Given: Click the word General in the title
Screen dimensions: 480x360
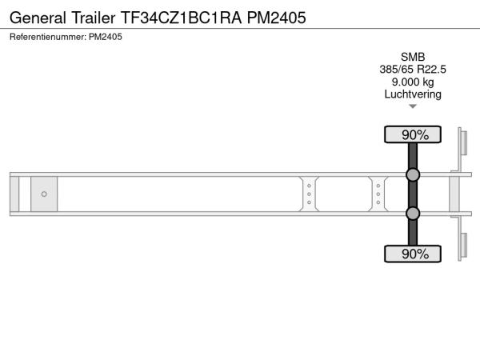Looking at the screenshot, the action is [x=38, y=18].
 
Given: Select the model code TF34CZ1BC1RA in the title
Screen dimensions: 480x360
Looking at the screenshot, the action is [x=182, y=18].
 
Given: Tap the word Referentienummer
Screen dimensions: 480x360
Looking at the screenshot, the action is [x=48, y=37].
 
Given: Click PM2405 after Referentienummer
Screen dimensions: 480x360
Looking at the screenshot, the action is [x=106, y=37].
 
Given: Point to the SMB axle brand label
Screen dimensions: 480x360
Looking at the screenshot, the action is [x=413, y=57].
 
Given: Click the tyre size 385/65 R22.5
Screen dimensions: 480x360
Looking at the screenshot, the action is [x=413, y=70].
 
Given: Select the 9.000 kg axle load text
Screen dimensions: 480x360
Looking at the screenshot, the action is [x=413, y=82].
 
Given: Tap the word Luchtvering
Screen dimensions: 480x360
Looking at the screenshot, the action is [x=413, y=94].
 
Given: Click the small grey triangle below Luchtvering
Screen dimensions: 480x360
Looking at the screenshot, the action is [x=413, y=106].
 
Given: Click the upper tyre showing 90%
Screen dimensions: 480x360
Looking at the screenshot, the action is [x=413, y=134].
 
